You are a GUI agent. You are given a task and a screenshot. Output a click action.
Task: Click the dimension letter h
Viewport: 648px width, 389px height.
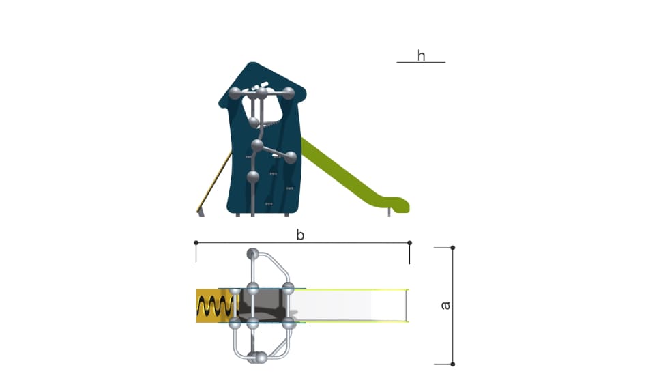tap(421, 55)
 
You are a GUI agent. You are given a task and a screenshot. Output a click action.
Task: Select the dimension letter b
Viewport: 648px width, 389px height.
tap(300, 235)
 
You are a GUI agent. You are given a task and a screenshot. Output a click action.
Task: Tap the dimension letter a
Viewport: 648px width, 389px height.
tap(445, 305)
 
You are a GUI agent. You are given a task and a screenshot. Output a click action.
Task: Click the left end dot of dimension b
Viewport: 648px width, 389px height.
tap(196, 243)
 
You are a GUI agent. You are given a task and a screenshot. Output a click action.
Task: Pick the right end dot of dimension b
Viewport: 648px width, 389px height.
tap(409, 243)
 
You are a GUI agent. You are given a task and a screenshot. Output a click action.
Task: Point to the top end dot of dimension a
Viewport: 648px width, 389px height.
tap(452, 248)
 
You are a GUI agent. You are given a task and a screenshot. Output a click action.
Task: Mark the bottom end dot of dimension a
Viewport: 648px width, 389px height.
tap(452, 364)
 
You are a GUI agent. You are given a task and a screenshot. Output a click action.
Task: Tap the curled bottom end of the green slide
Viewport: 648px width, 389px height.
tap(399, 205)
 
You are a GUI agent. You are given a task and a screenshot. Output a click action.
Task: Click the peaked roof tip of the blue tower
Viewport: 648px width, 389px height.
tap(252, 63)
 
